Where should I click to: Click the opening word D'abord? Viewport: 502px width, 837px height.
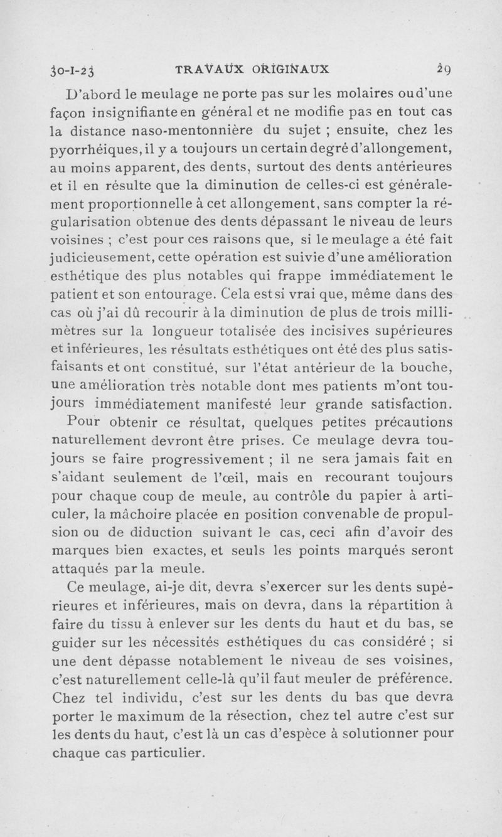point(95,95)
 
